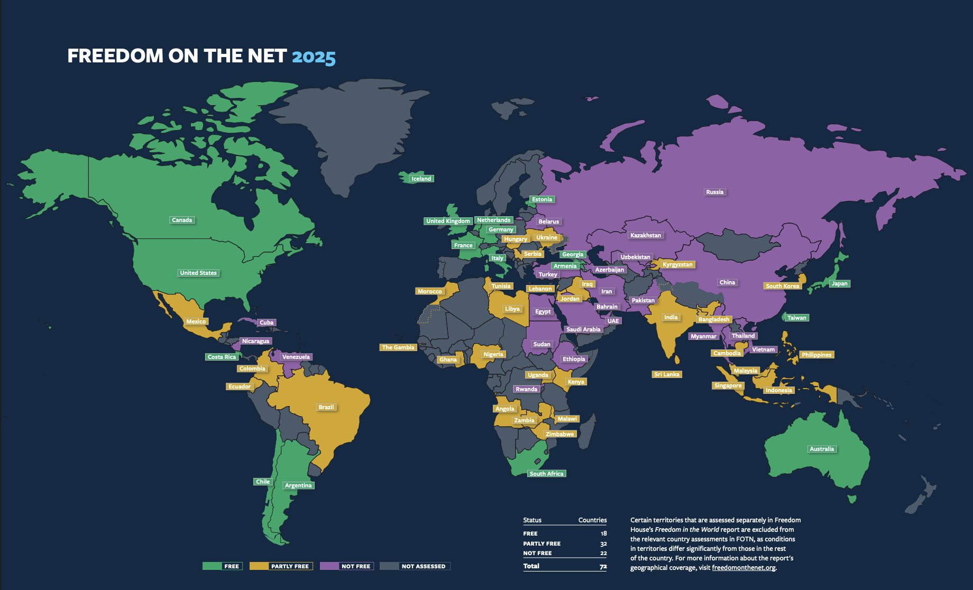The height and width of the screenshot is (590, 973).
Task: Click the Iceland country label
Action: pos(421,179)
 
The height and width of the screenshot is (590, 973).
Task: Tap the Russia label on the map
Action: pos(714,192)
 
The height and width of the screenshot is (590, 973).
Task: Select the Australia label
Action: pos(822,449)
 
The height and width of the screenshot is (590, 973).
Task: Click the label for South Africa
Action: pos(546,474)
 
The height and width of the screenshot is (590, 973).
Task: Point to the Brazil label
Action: pos(326,407)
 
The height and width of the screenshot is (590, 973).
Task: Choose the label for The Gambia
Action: pos(398,347)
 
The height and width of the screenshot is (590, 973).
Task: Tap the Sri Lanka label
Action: pos(667,374)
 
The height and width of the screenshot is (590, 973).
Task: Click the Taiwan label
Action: pos(796,318)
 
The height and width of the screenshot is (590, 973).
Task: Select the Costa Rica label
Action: pos(222,357)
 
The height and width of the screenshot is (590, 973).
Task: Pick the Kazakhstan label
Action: pos(646,235)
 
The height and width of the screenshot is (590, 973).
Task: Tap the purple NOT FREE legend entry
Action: pos(347,566)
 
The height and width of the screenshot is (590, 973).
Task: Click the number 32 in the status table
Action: pos(603,543)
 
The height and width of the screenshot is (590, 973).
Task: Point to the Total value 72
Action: pos(603,566)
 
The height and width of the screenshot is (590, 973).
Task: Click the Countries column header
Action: pos(592,520)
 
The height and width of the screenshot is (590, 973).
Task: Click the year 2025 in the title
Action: pos(314,57)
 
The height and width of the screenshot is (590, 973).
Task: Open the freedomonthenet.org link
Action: pos(743,568)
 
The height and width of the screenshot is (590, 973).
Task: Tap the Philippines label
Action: pos(816,355)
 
